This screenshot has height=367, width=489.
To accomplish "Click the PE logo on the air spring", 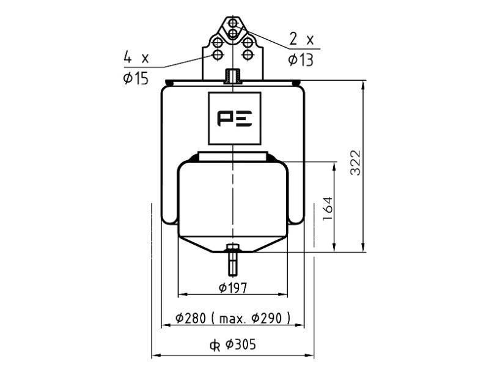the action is coord(235,119).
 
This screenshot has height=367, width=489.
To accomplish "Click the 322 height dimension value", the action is coord(355,163).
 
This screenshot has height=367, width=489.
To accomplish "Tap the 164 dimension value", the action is coord(328,209).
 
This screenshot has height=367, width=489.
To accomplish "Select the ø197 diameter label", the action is coord(233,287).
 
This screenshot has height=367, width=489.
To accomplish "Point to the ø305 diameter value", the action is coord(240,344).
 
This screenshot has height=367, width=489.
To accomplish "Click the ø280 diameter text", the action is coord(191,318).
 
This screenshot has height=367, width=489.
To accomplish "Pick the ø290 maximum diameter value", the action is coord(267,318).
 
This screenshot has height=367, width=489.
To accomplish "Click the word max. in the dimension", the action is coord(233,319).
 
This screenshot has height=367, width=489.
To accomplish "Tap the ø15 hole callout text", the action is coord(136,78).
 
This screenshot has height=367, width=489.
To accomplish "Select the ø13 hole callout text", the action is coord(301,60).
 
